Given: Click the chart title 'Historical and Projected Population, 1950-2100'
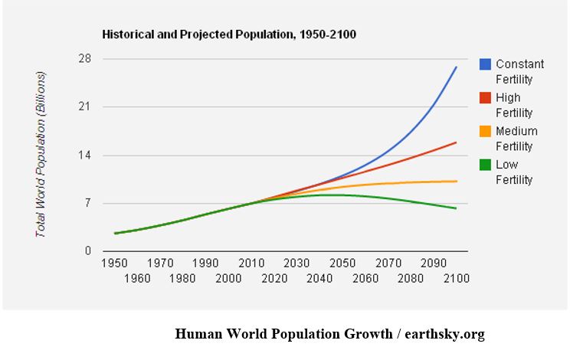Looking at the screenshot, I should point(229,34).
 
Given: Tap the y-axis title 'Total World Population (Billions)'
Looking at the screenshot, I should point(41,154).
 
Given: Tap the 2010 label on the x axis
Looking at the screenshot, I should point(252,263).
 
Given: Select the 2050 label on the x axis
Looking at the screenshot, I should point(343,263).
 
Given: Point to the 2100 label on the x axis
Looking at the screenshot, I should point(457,278).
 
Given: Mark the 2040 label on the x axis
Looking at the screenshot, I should point(320,278).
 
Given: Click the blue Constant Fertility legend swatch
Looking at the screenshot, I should point(485,64).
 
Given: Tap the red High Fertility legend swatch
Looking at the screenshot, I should point(485,98).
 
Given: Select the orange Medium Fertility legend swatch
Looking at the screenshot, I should point(485,131).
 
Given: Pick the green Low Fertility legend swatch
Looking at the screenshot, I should point(485,165).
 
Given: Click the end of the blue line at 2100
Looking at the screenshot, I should point(457,67).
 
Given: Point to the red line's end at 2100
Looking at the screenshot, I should point(457,142).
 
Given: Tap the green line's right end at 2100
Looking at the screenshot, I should point(457,208).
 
